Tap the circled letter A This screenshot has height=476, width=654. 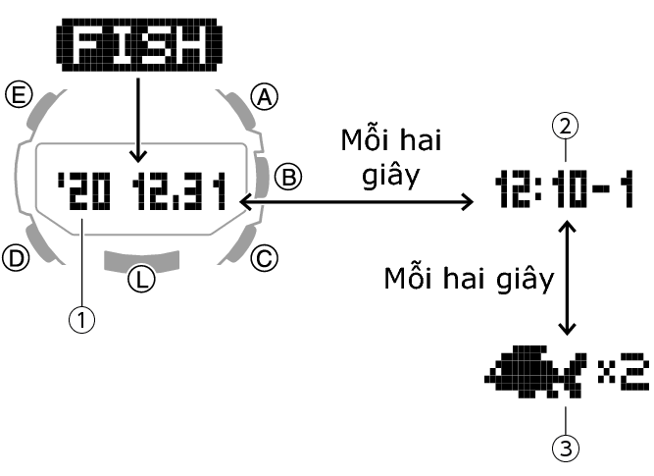tap(263, 95)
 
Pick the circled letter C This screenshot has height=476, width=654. tap(263, 259)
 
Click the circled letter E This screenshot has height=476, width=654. tap(17, 95)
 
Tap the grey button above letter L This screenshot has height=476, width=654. tap(142, 258)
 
